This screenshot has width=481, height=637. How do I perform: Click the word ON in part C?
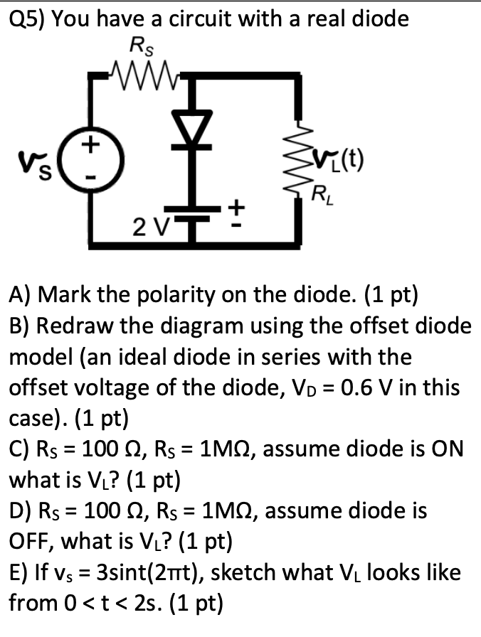click(445, 449)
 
